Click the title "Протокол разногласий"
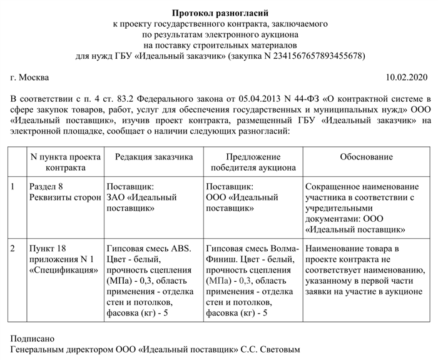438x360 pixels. coord(218,12)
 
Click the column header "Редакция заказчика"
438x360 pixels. coord(153,157)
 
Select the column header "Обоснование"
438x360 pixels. coord(366,157)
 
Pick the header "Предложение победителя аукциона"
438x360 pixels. coord(252,162)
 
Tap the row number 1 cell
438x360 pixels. coord(14,187)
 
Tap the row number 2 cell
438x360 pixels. coord(14,248)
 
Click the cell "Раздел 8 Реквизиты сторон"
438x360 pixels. coord(64,192)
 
